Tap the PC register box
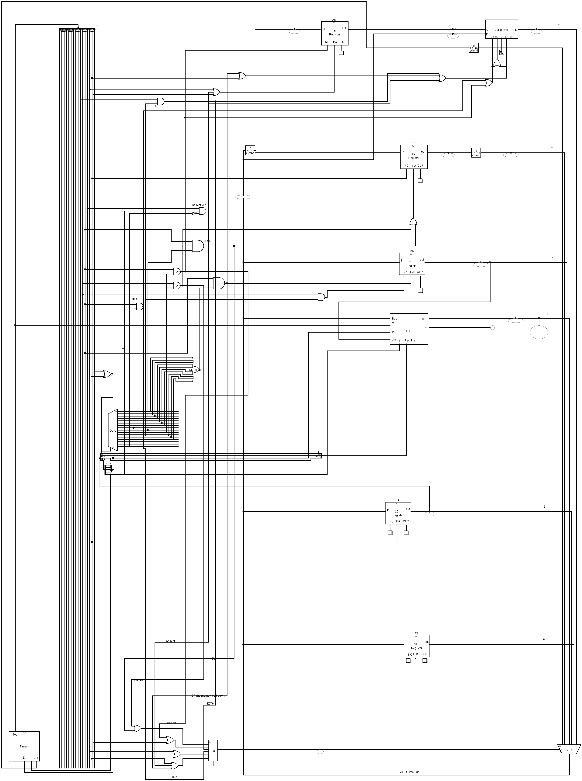414,157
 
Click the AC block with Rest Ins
409,329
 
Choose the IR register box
398,513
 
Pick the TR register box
416,646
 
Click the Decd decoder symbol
113,430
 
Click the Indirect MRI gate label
199,205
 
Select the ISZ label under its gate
157,106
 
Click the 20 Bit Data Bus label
409,772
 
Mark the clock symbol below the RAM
501,52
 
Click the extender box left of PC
250,151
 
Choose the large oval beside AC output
539,332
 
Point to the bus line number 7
558,25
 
